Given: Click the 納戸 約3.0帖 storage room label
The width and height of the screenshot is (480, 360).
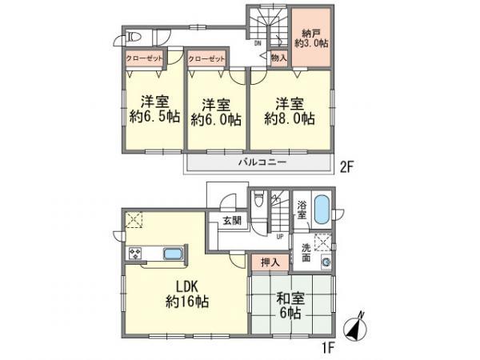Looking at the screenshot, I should pyautogui.click(x=311, y=38).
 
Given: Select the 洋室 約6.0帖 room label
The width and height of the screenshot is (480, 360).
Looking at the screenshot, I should pyautogui.click(x=216, y=113).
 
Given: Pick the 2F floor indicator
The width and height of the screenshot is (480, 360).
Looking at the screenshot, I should pyautogui.click(x=346, y=168).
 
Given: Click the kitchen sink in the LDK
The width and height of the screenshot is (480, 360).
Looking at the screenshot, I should pyautogui.click(x=172, y=254).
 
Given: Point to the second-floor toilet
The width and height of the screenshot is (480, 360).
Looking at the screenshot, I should pyautogui.click(x=135, y=36).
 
